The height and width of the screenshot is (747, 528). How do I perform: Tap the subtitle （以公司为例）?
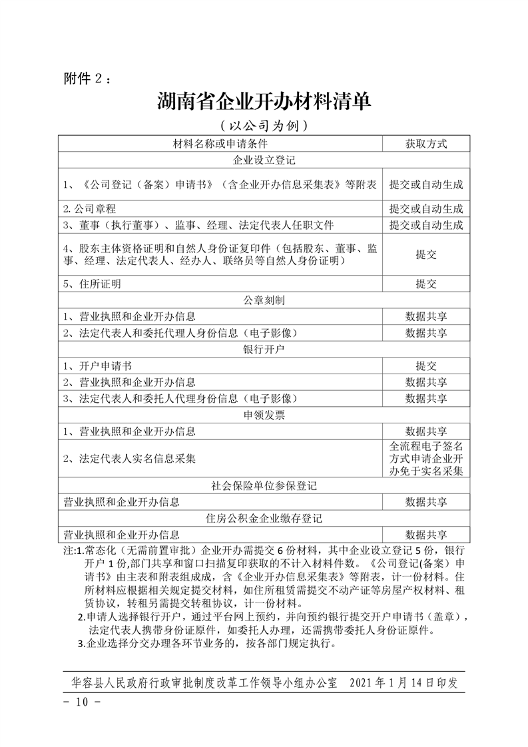[x=264, y=126]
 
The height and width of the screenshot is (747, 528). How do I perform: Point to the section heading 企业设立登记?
[x=264, y=160]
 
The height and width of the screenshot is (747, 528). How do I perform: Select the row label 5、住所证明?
[x=93, y=284]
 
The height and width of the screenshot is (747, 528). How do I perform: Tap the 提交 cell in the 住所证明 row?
[x=426, y=284]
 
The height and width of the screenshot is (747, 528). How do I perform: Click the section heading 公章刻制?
[x=264, y=300]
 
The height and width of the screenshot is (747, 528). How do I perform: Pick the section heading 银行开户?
[x=264, y=349]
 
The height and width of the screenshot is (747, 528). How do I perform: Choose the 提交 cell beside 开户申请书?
[x=426, y=366]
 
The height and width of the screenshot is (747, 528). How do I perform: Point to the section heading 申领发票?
[x=264, y=415]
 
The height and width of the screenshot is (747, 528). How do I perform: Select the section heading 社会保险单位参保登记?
[x=264, y=485]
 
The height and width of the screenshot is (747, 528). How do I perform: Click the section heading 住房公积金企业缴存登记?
[x=264, y=518]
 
